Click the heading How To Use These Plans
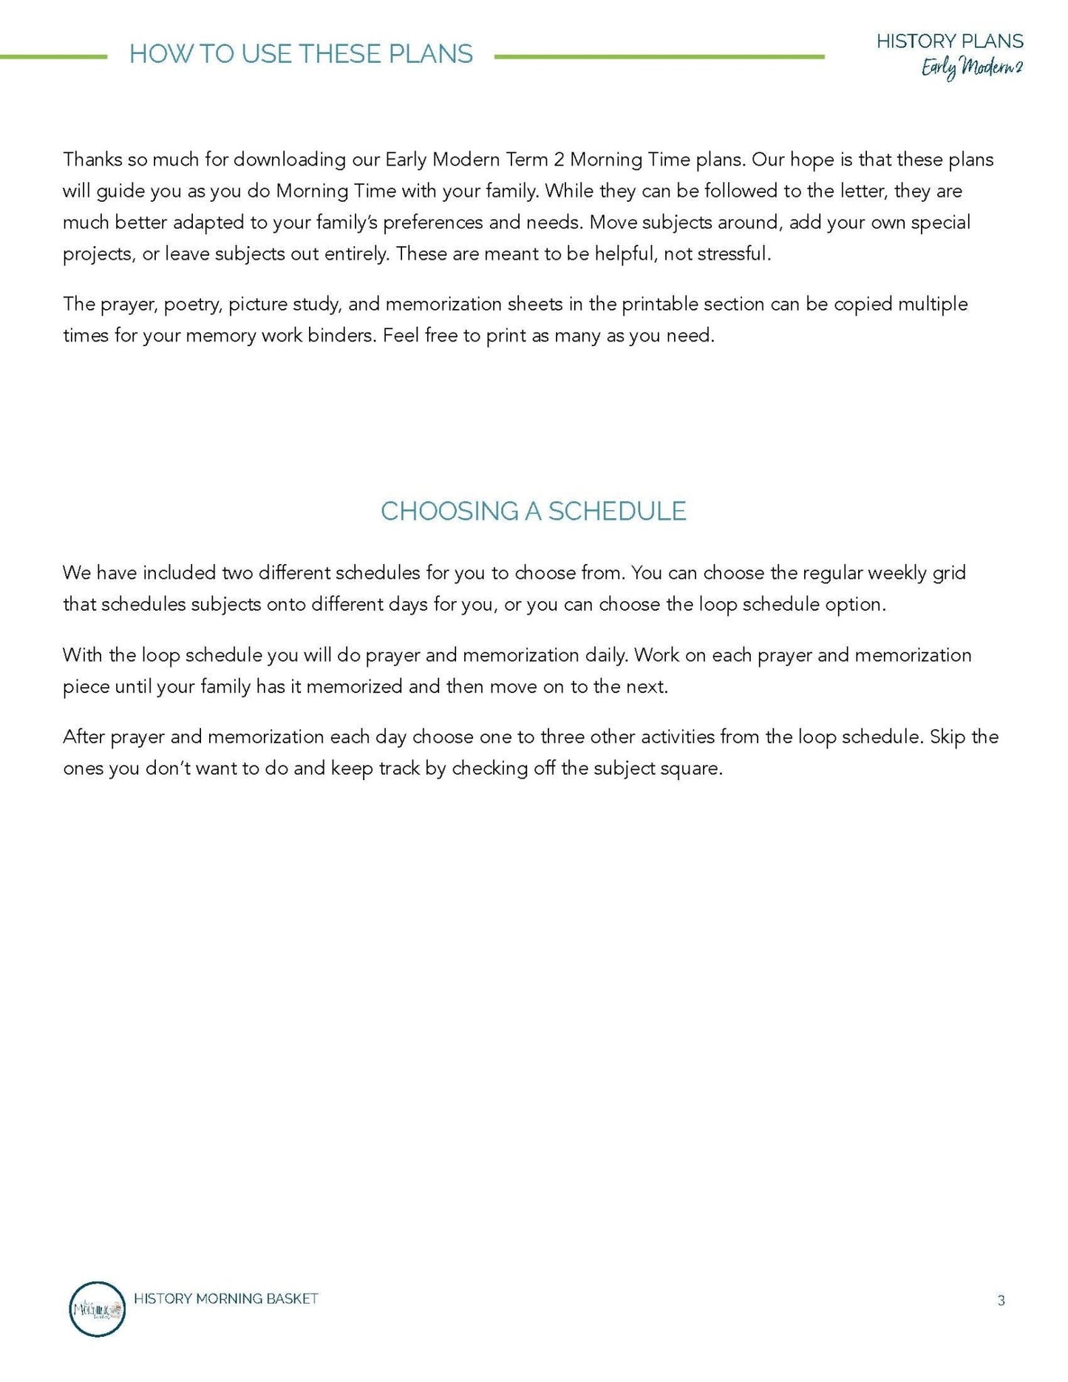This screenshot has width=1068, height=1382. coord(301,54)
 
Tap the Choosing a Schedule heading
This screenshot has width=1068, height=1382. coord(533,511)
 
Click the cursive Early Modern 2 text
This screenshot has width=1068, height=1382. coord(971,68)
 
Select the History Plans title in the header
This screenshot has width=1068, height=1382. coord(950,41)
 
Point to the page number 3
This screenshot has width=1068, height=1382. coord(1001,1300)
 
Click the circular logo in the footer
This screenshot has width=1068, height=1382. coord(97,1309)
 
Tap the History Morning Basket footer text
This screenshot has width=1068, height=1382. coord(226,1298)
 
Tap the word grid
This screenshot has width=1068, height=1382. coord(949,573)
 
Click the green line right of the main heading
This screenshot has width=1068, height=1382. coord(659,56)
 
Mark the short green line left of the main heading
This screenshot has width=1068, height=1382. coord(53,56)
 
